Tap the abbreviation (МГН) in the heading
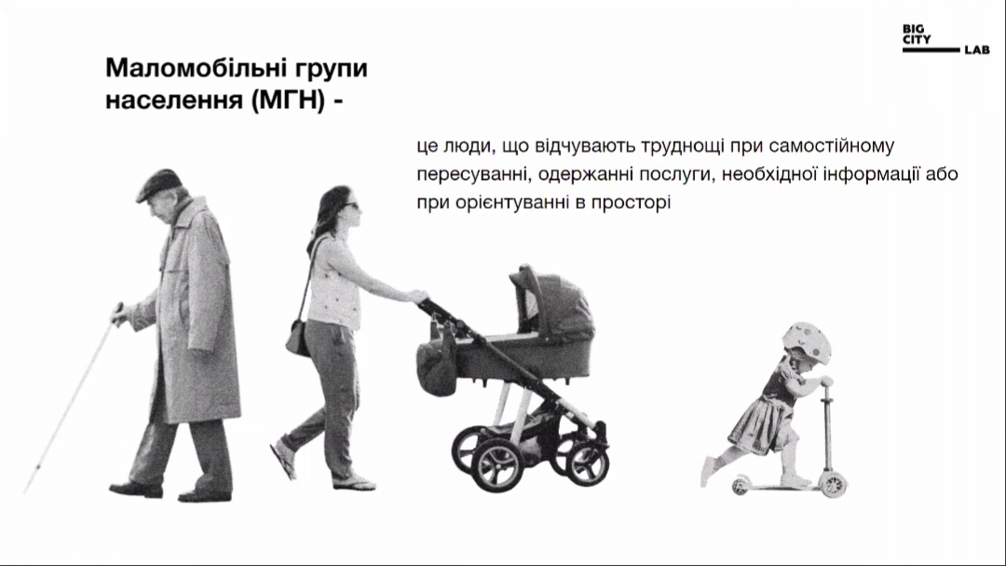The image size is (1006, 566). tap(288, 100)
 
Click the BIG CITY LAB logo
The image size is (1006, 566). tap(945, 39)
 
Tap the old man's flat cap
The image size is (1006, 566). tap(157, 185)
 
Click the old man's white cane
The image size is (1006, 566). tap(72, 398)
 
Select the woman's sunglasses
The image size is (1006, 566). tap(351, 205)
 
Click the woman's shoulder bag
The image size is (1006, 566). tap(298, 337)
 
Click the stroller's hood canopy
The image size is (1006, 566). tap(551, 302)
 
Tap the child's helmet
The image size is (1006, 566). tap(807, 341)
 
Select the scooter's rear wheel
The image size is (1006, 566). tap(741, 485)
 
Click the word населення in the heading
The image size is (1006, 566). tap(172, 101)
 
